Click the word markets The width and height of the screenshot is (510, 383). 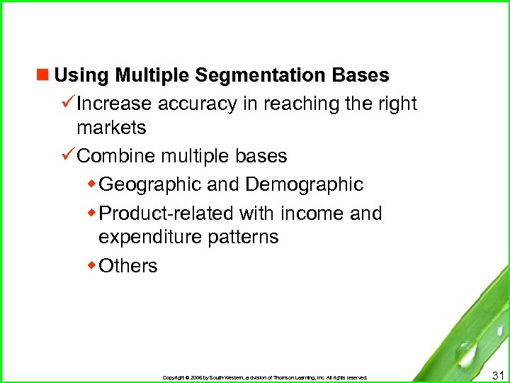point(111,128)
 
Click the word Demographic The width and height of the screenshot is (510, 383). point(304,185)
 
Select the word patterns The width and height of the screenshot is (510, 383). point(243,238)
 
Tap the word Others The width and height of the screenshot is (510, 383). point(128,266)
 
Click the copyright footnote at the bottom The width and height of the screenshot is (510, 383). point(265,377)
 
